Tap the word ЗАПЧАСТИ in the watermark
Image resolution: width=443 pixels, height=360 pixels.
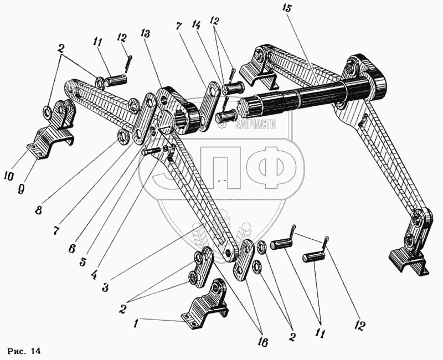click(x=255, y=126)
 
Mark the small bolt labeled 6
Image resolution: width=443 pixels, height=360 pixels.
click(x=151, y=150)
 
